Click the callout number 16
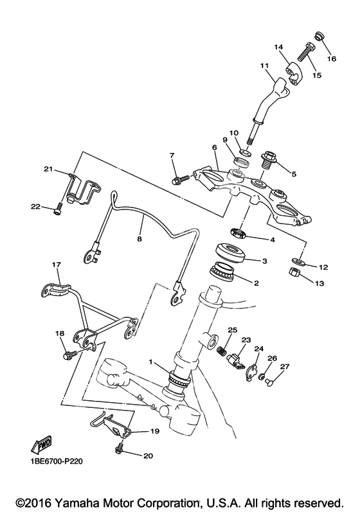[x=332, y=58]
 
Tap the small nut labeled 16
[x=319, y=36]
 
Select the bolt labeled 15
[x=305, y=52]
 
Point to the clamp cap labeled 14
[x=294, y=75]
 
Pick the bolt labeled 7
[x=179, y=179]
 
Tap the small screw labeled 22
[x=57, y=209]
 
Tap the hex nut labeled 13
[x=295, y=272]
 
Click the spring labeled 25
[x=222, y=350]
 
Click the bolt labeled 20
[x=120, y=448]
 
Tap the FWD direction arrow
[x=41, y=445]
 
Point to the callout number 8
[x=139, y=239]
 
